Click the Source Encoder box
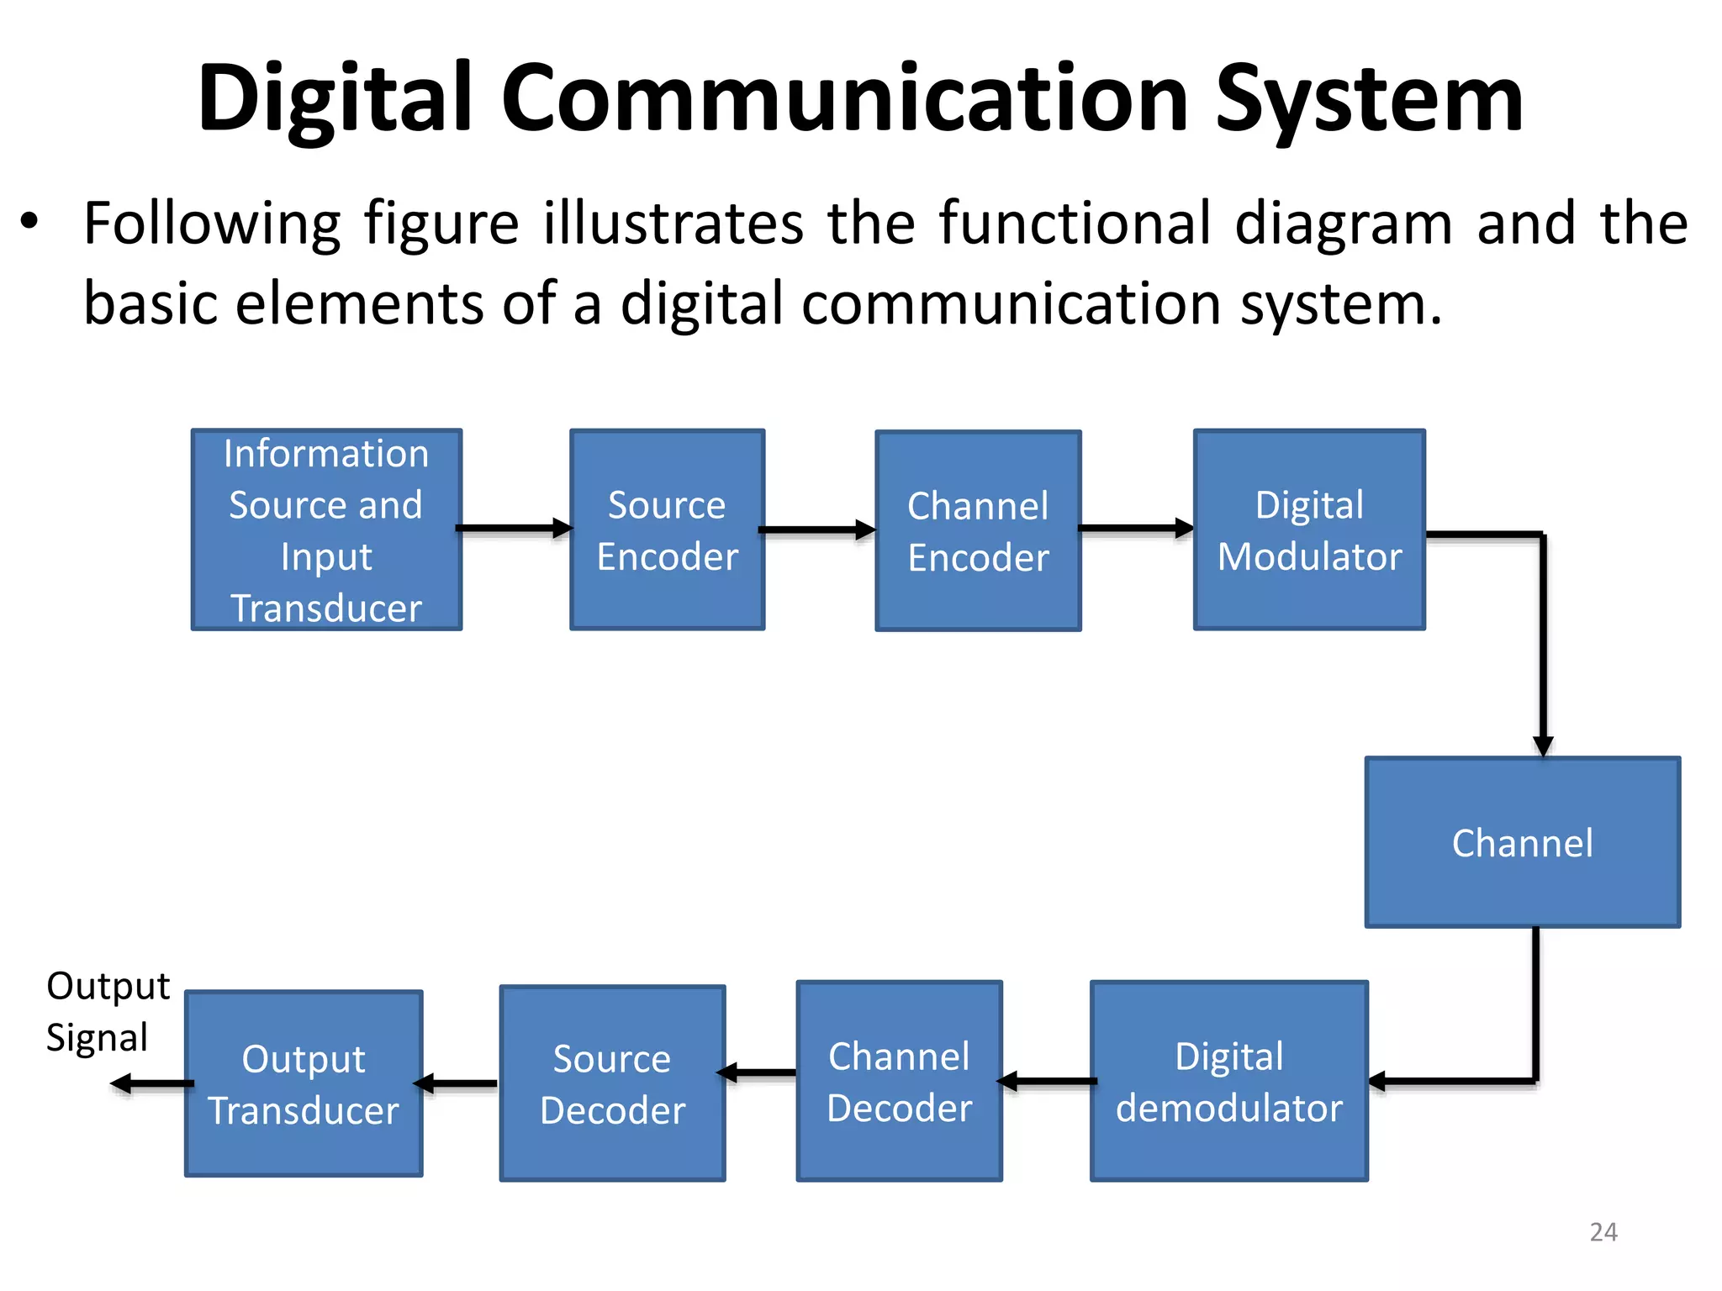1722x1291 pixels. pos(667,530)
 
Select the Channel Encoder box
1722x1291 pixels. pos(978,530)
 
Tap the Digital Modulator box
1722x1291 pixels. pos(1309,530)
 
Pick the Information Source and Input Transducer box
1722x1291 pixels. pos(326,530)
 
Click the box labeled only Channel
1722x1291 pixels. pos(1522,842)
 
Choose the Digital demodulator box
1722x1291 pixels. pos(1228,1081)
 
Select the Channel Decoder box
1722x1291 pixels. pos(899,1081)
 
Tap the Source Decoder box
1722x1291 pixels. pos(612,1083)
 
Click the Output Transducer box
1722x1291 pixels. pos(304,1083)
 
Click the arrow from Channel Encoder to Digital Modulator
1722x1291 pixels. pos(1135,529)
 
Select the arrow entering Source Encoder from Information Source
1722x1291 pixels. pos(514,529)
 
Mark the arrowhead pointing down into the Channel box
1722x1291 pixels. pos(1543,745)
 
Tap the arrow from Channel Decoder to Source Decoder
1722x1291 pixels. pos(757,1072)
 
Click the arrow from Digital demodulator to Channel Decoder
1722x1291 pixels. pos(1046,1081)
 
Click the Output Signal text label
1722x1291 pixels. pos(107,1011)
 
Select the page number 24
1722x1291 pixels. pos(1603,1232)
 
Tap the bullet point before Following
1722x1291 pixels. pos(30,224)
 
